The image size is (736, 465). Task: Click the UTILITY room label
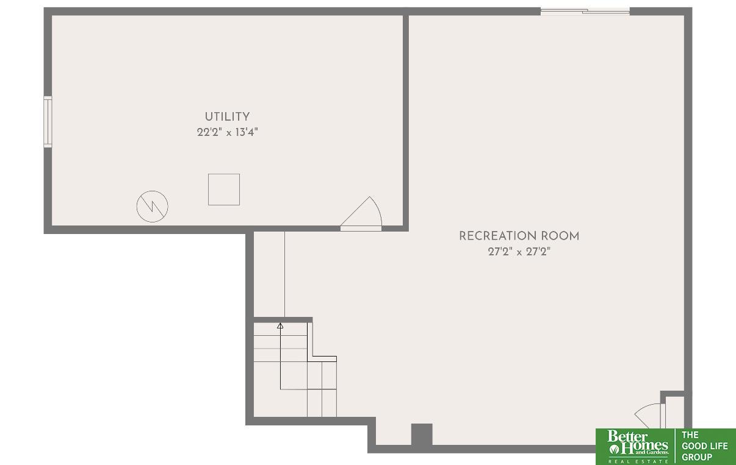tap(227, 116)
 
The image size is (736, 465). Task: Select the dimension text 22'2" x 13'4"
tap(227, 132)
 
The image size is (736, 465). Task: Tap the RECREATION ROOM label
tap(519, 236)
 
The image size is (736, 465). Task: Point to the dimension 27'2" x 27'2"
tap(519, 252)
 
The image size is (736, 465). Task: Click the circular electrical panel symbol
tap(152, 206)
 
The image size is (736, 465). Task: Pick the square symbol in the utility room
tap(224, 190)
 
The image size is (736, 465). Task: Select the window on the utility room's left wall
tap(48, 121)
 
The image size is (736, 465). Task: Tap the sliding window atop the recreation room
tap(585, 11)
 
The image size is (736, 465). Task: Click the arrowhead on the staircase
tap(280, 326)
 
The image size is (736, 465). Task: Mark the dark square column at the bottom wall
tap(421, 435)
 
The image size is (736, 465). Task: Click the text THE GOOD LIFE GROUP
tap(705, 446)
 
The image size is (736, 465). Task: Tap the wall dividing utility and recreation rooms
tap(405, 122)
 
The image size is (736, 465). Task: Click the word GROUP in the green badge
tap(697, 457)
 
